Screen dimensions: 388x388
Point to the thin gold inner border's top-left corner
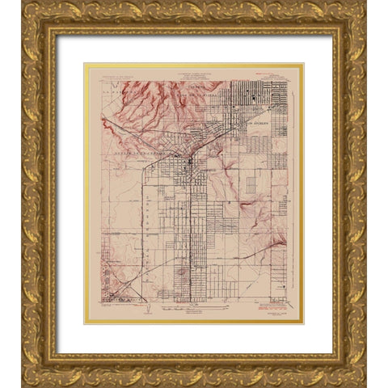tap(85, 64)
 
